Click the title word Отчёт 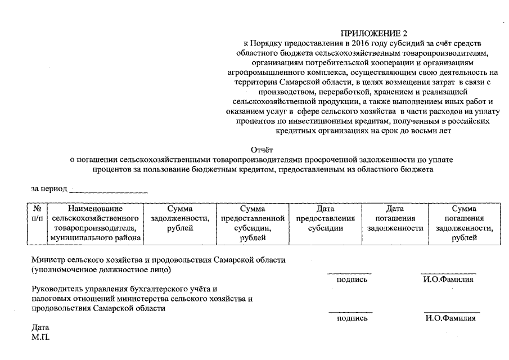[x=260, y=150]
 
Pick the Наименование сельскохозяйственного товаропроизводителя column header [x=95, y=223]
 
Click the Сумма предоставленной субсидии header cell [x=253, y=223]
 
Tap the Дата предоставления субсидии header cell [x=325, y=218]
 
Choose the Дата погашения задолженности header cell [x=395, y=218]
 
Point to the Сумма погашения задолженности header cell [x=464, y=223]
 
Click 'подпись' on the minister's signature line [x=352, y=279]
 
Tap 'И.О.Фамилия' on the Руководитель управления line [x=451, y=318]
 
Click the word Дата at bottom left [x=40, y=327]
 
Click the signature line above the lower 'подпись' [x=350, y=312]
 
